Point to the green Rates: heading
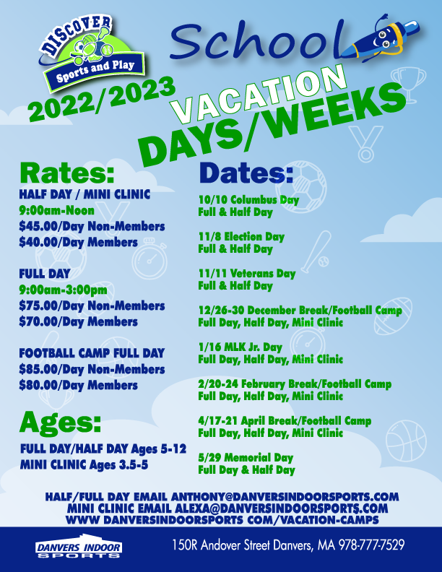(67, 173)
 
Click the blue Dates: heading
(246, 173)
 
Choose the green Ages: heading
(60, 422)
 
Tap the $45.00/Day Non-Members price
(92, 226)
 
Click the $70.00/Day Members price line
(79, 321)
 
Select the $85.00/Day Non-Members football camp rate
(92, 369)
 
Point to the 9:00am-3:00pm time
(63, 290)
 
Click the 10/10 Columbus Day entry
(248, 200)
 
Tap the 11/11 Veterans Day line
(247, 273)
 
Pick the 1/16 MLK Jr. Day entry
(240, 347)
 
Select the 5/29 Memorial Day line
(246, 457)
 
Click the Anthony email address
(285, 496)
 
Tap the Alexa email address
(281, 508)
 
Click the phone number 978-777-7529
(372, 545)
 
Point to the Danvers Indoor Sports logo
(79, 547)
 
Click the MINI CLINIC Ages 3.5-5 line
(84, 465)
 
